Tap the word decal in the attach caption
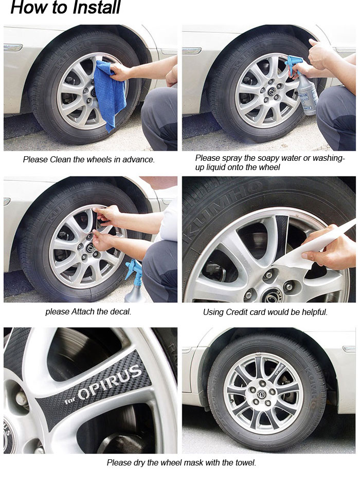121,312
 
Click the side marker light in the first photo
13,48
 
